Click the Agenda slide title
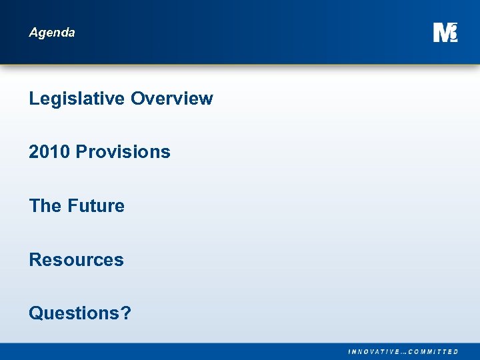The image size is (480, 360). [x=52, y=33]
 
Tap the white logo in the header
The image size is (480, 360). [x=445, y=32]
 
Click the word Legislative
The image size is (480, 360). [x=77, y=99]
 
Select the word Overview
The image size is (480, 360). [x=172, y=99]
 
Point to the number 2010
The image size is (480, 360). [x=49, y=152]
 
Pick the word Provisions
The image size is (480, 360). [x=123, y=152]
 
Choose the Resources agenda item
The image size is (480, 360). [x=76, y=259]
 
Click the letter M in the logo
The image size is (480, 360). [x=441, y=33]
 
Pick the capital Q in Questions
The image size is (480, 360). [x=36, y=313]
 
